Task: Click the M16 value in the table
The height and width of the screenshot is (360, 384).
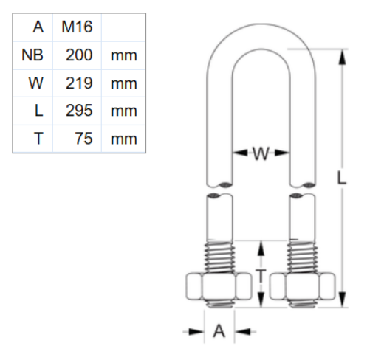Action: [77, 28]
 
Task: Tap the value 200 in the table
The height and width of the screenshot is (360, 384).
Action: [78, 55]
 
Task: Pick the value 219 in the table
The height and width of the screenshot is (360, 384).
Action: [78, 83]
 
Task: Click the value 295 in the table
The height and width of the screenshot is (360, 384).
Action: [78, 111]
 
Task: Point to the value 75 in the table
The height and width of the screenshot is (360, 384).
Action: [83, 138]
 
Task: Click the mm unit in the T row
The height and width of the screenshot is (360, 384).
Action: [123, 138]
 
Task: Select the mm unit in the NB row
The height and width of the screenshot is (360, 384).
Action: [123, 55]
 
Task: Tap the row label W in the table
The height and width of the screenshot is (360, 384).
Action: [35, 83]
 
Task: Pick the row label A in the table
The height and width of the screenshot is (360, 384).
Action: [38, 28]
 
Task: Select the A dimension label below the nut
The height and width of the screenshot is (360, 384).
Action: [219, 332]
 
